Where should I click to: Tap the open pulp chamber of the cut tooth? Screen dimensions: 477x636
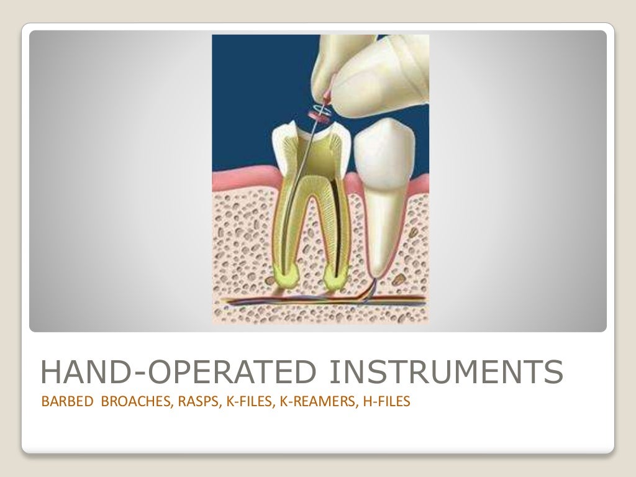(311, 149)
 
